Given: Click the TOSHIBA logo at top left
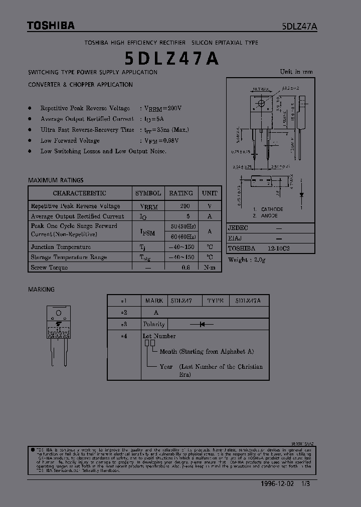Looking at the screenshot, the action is point(51,26).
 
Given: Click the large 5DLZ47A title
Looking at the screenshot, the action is point(171,59).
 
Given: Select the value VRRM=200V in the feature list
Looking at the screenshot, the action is point(163,108).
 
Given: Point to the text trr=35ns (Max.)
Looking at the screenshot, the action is point(166,130).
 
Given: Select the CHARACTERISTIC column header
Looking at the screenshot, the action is point(80,193).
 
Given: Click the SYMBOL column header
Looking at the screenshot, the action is point(148,193).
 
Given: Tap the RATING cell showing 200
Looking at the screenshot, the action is point(185,206).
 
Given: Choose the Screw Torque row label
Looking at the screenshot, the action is point(49,268).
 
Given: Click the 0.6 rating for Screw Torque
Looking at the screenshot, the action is point(186,268).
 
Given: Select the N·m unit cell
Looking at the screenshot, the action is point(210,268).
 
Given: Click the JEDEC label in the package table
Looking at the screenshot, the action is point(238,228).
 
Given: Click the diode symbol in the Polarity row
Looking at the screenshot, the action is point(203,324).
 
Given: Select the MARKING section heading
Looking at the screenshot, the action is point(42,290).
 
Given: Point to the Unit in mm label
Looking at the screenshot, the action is point(296,72).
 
